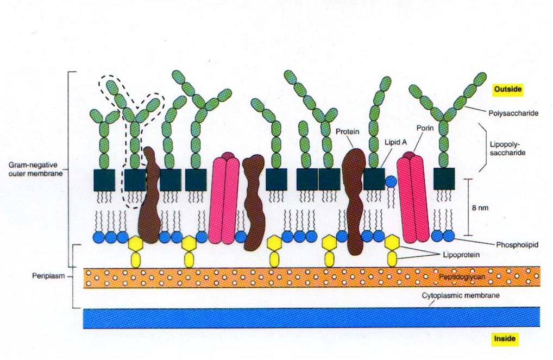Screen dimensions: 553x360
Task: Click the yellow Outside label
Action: [507, 89]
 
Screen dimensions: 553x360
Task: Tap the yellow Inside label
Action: [505, 339]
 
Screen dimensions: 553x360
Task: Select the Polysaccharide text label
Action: [513, 113]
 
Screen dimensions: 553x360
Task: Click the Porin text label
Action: [425, 128]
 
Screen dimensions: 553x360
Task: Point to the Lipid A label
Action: [395, 142]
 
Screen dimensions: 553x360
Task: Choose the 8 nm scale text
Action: [480, 208]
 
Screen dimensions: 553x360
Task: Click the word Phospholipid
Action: [517, 244]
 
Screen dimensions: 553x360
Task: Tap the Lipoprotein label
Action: [461, 255]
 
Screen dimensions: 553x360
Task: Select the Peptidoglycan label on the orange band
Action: [462, 277]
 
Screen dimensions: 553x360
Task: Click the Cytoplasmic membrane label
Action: [461, 295]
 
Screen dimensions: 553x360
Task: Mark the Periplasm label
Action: [49, 276]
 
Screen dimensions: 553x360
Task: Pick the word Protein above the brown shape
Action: [347, 131]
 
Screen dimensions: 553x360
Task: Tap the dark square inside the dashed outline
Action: [135, 180]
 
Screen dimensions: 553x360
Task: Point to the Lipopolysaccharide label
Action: [507, 148]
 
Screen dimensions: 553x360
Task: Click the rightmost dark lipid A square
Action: [444, 179]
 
